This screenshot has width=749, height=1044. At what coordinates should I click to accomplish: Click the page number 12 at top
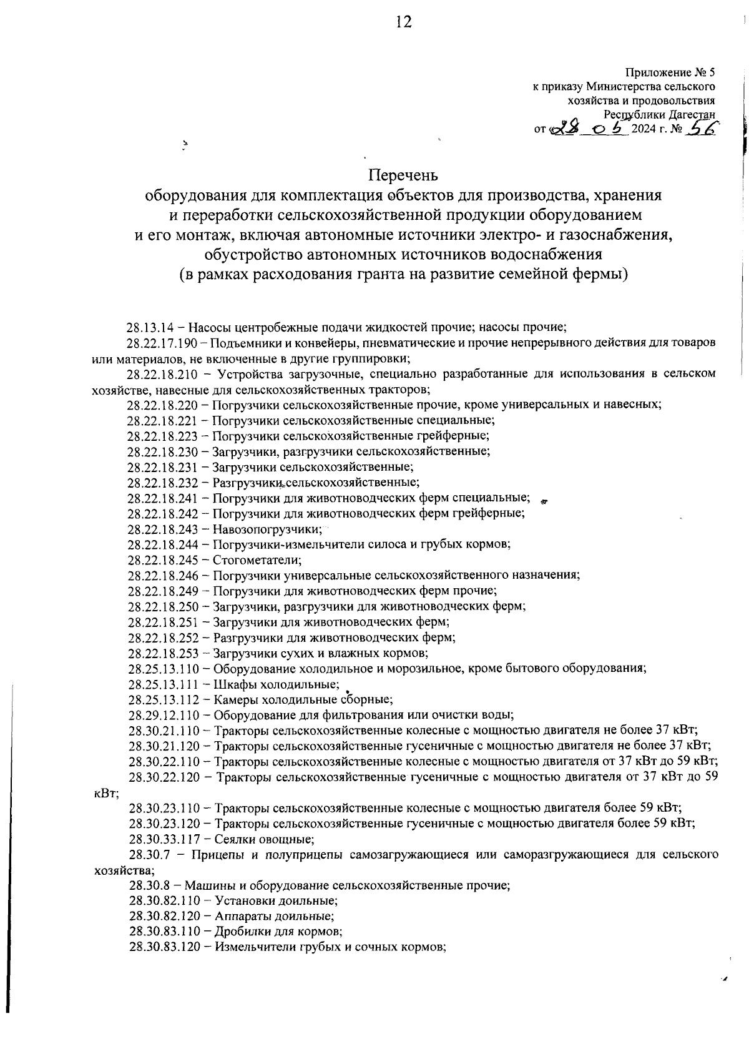tap(403, 22)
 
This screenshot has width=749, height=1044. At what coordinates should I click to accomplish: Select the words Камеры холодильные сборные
tap(303, 700)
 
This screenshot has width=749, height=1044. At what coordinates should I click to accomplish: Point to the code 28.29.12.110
tap(164, 715)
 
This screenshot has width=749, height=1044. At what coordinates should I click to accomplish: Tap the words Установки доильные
tap(276, 901)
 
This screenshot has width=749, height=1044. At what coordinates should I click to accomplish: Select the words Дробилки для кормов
tap(278, 932)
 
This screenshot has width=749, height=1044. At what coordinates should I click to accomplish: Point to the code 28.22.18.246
tap(164, 575)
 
